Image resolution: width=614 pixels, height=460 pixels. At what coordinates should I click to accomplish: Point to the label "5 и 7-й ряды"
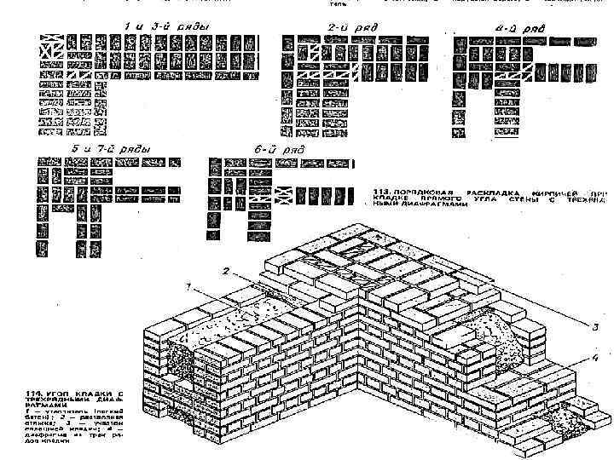tap(110, 149)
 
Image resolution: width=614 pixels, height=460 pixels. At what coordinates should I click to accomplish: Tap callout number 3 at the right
tap(584, 324)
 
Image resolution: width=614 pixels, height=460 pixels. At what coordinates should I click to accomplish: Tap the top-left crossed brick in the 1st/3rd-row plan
tap(47, 41)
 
